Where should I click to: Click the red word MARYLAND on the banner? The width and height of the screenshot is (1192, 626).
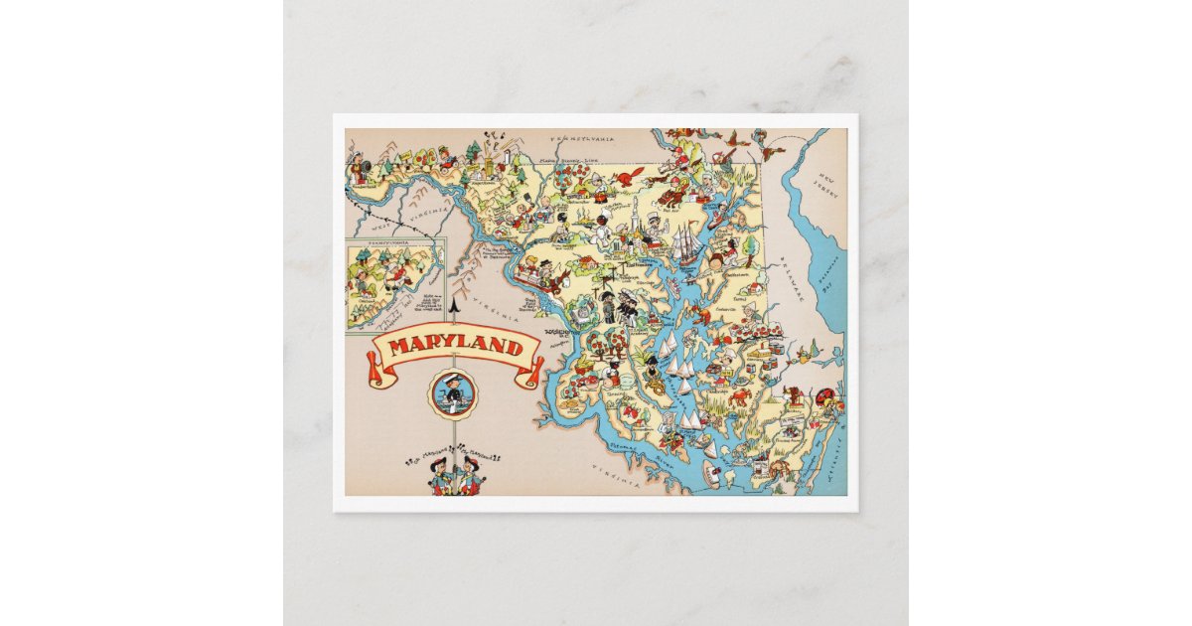[456, 348]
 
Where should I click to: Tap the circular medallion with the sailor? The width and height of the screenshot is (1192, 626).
[455, 393]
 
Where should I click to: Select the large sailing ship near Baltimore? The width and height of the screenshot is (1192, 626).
[687, 243]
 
